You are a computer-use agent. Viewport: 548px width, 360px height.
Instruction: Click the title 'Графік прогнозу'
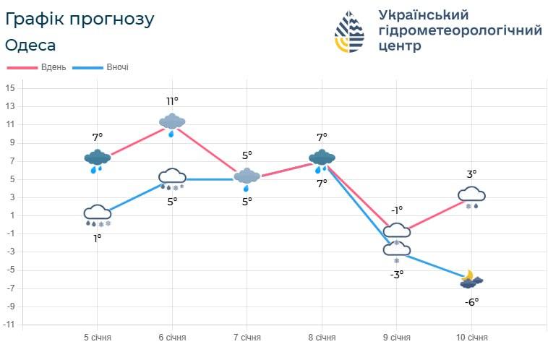(x=80, y=20)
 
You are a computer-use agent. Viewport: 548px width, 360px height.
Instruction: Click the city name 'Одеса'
(x=30, y=45)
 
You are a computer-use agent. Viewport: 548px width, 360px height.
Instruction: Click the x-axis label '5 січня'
(x=98, y=338)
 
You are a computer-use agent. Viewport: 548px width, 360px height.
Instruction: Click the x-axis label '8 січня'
(x=322, y=338)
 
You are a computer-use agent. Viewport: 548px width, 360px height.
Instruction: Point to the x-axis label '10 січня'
(x=471, y=338)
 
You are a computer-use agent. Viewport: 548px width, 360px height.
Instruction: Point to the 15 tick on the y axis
(x=10, y=88)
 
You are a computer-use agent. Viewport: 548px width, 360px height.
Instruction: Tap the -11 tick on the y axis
(x=9, y=325)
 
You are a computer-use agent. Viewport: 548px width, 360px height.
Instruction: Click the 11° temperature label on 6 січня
(x=172, y=100)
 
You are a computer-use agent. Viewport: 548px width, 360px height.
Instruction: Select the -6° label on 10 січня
(x=471, y=301)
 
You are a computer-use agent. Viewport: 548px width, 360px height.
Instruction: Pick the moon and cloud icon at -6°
(x=471, y=280)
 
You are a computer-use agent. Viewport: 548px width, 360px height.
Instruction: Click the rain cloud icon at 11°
(x=172, y=123)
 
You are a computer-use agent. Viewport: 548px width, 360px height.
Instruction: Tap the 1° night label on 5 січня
(x=97, y=237)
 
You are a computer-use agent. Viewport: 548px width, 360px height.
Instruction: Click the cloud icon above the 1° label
(x=97, y=214)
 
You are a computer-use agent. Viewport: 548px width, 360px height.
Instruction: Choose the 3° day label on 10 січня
(x=471, y=173)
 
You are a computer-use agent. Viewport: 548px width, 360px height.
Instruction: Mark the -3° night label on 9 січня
(x=397, y=274)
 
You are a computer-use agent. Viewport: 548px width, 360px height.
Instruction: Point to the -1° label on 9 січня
(x=397, y=210)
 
